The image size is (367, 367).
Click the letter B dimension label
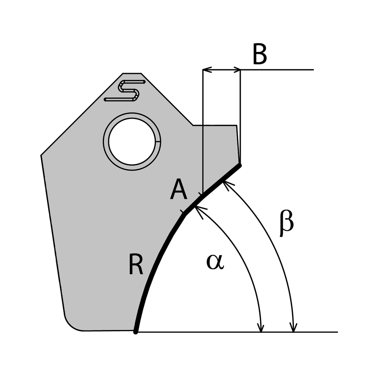pos(259,55)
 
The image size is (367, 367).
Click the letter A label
pos(178,190)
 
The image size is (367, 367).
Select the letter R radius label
pos(136,265)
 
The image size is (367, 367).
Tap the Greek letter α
pos(215,262)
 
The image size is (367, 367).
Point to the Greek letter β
pos(287,224)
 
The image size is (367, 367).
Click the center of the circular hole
pos(132,142)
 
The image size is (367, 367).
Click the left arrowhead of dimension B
pos(206,70)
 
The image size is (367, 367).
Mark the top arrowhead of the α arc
pos(198,209)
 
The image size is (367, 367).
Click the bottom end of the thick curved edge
pos(136,332)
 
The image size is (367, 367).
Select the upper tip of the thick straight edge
pos(240,165)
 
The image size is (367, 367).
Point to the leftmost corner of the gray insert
pos(41,155)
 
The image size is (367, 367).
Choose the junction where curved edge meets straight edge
pos(184,214)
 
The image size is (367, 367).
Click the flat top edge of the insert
pos(132,73)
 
